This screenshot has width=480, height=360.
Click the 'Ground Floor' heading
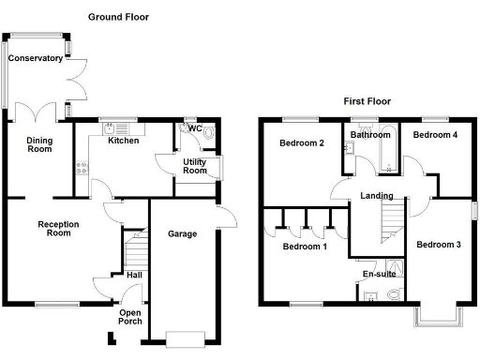pyautogui.click(x=118, y=17)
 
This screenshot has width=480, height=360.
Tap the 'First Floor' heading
pyautogui.click(x=367, y=101)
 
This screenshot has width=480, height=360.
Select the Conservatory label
pyautogui.click(x=36, y=58)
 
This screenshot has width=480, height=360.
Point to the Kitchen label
pyautogui.click(x=123, y=141)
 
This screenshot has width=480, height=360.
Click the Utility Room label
pyautogui.click(x=194, y=165)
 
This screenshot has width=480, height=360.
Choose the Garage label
pyautogui.click(x=182, y=233)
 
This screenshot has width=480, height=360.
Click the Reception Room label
pyautogui.click(x=58, y=229)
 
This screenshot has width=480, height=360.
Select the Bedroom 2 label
pyautogui.click(x=302, y=143)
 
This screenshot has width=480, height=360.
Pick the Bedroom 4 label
pyautogui.click(x=436, y=135)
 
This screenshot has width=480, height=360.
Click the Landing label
pyautogui.click(x=377, y=196)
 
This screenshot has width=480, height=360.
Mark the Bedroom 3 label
pyautogui.click(x=439, y=245)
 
